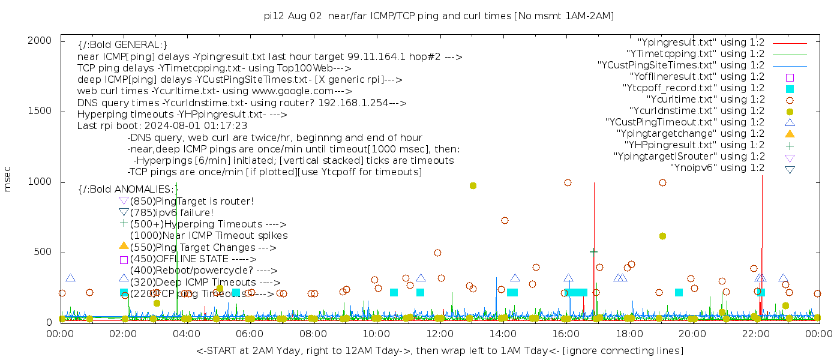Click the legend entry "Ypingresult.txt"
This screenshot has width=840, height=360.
(x=701, y=43)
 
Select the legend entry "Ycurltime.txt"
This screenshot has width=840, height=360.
(x=706, y=100)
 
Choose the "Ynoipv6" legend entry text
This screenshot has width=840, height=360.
(x=717, y=168)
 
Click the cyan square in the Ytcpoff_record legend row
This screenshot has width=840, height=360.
(x=790, y=89)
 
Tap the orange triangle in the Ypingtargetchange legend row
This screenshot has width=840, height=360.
(x=790, y=134)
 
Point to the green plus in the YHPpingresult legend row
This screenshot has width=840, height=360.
(x=790, y=145)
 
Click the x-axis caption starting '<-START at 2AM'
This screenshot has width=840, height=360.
(x=439, y=350)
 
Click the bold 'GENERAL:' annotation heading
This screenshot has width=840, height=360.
(x=122, y=45)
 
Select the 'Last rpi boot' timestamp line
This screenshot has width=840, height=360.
(x=162, y=126)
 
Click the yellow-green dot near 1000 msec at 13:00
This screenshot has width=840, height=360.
(x=473, y=186)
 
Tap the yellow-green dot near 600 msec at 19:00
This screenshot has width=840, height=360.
(x=662, y=236)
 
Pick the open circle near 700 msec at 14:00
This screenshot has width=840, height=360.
(x=505, y=220)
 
